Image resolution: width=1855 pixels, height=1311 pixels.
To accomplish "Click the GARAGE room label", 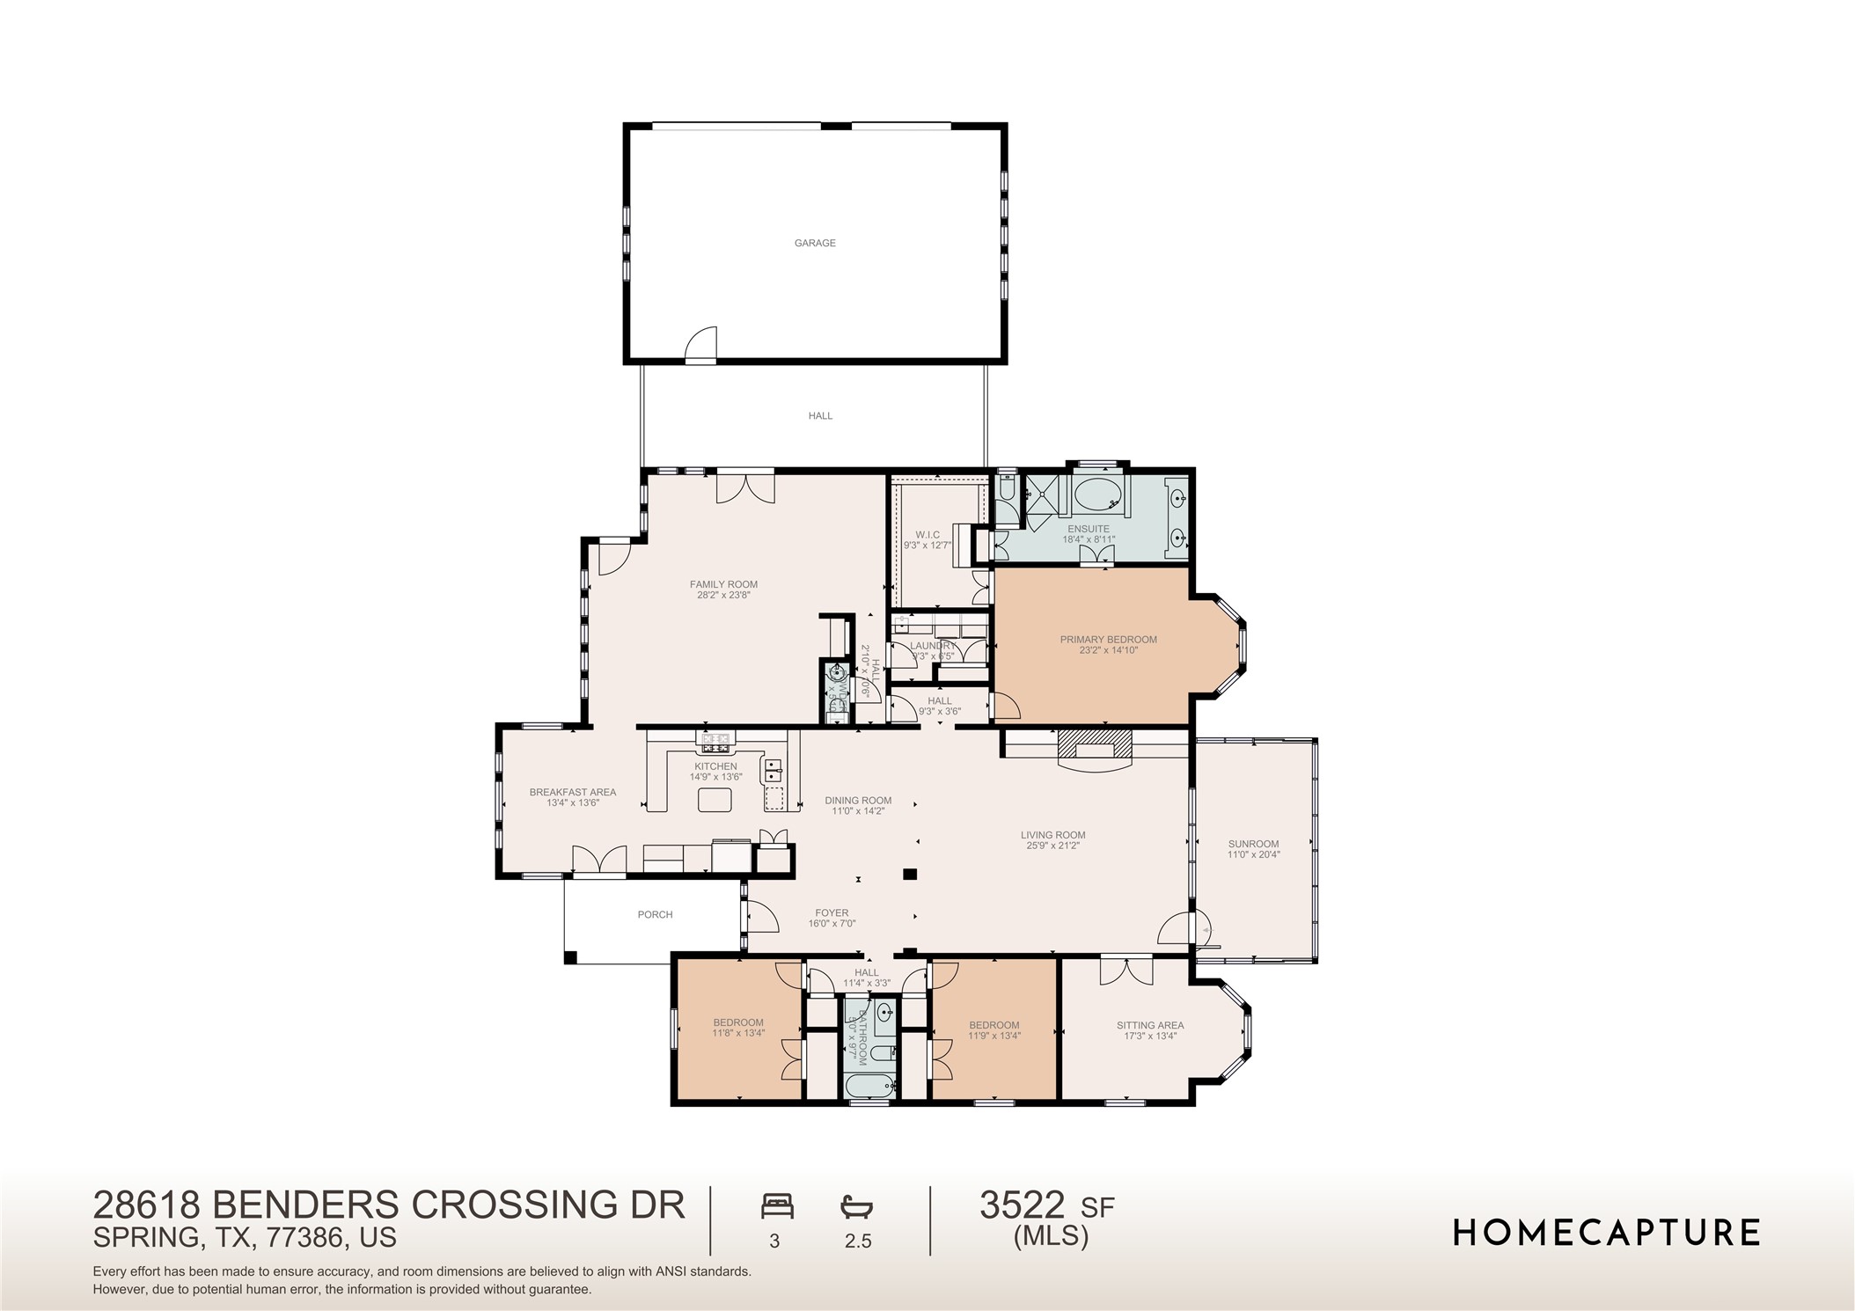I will [x=815, y=243].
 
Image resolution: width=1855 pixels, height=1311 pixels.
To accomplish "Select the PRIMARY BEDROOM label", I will [x=1108, y=640].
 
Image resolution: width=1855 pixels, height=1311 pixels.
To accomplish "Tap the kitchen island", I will [x=715, y=800].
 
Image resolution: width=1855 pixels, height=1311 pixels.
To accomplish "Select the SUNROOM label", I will [x=1253, y=844].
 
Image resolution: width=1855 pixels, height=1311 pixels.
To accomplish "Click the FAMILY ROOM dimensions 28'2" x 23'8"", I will [x=723, y=596].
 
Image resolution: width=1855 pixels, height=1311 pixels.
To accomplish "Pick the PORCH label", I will [x=655, y=915].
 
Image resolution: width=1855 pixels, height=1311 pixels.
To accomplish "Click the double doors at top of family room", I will [x=744, y=487].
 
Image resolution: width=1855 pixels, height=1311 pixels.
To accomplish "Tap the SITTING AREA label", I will [x=1149, y=1025].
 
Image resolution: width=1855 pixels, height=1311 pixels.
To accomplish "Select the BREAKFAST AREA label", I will [x=572, y=792].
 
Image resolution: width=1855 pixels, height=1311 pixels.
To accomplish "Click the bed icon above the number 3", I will [x=777, y=1206].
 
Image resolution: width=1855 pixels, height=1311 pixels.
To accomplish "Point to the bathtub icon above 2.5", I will [x=856, y=1206].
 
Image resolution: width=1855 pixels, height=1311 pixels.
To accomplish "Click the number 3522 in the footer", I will [x=1022, y=1205].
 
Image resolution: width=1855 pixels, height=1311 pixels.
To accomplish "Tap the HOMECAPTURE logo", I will [x=1605, y=1232].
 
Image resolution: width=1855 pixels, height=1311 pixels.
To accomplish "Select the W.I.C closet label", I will [x=927, y=534].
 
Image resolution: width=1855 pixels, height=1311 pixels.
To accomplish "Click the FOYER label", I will [x=832, y=913].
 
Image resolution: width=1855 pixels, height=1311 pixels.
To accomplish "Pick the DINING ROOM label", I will [x=858, y=801].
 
